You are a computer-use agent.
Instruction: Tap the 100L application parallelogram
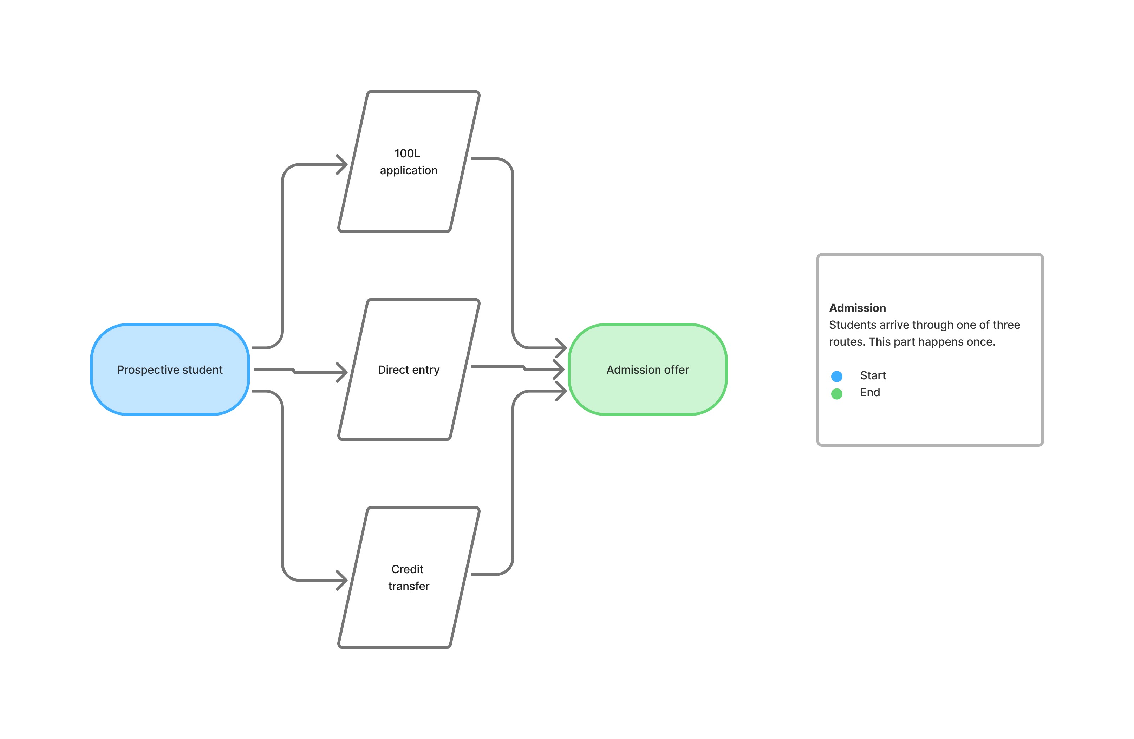(409, 162)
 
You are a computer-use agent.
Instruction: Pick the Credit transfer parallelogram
(409, 577)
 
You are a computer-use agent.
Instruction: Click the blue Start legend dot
(837, 377)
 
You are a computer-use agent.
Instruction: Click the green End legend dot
(837, 394)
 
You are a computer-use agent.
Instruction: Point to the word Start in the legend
(873, 375)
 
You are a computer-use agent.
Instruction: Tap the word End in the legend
(870, 392)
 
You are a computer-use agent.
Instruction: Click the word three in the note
(1006, 325)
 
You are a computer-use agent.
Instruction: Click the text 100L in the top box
(408, 153)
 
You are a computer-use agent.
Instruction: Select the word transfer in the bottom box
(409, 586)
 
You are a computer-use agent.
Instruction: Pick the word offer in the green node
(676, 370)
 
